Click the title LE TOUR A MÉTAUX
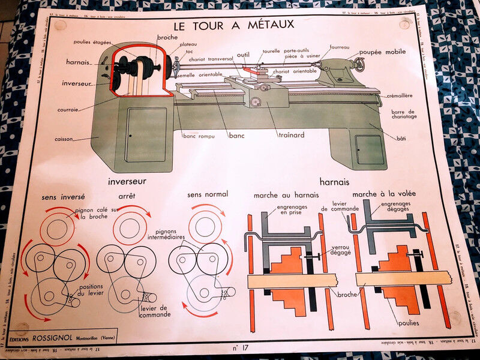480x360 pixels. [233, 26]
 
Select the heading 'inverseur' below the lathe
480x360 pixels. [127, 181]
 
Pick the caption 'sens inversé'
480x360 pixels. [63, 197]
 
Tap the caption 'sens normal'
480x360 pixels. [207, 195]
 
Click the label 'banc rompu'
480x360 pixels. [197, 136]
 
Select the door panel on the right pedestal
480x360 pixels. [370, 150]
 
